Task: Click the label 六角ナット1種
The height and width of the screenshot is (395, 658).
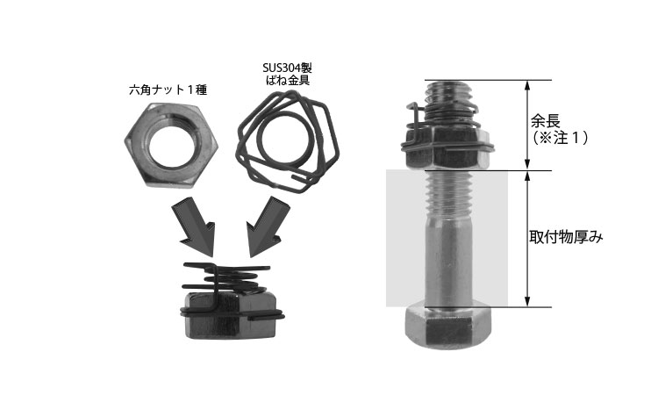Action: (168, 90)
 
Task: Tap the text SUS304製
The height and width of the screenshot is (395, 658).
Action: (288, 68)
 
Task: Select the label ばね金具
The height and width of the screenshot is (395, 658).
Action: (288, 80)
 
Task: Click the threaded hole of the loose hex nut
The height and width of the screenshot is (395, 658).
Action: (172, 144)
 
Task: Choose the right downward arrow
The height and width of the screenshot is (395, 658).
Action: (268, 226)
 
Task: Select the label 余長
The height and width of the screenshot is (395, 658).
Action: (546, 122)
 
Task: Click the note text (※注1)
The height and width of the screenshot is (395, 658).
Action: (560, 138)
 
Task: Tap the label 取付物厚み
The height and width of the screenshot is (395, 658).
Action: (566, 238)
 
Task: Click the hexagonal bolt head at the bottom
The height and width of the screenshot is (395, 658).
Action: (448, 327)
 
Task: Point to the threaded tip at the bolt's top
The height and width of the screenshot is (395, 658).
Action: (448, 93)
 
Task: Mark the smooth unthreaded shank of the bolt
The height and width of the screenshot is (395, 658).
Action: (448, 260)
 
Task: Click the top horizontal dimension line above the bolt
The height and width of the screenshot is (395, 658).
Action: (488, 80)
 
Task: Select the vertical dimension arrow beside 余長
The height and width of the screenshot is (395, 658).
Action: (527, 126)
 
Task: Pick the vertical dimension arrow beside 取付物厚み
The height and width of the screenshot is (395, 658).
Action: (527, 239)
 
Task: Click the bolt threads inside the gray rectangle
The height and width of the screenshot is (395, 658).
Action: (448, 191)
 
